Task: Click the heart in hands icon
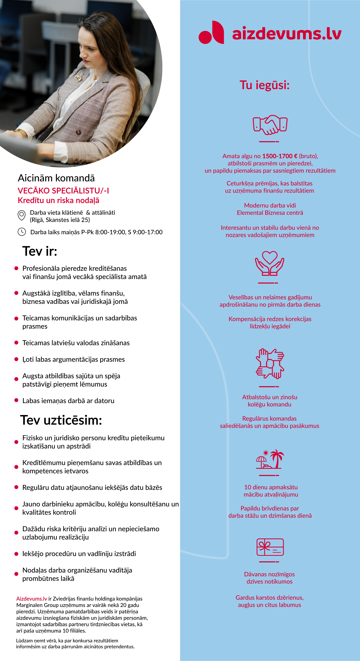(269, 263)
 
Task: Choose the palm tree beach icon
(270, 459)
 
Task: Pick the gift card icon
(270, 547)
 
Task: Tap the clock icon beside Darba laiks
(22, 232)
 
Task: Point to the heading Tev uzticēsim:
(61, 420)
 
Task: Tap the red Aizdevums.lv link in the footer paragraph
(32, 599)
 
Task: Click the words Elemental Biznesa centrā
(270, 213)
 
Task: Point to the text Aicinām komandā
(56, 178)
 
